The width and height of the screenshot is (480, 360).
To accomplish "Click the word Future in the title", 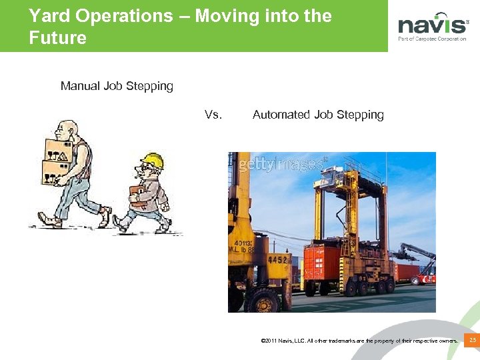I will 57,38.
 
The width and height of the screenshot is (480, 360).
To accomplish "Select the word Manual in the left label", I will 80,86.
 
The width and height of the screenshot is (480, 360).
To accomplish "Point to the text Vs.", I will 213,115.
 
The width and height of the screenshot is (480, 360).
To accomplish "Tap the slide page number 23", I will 472,341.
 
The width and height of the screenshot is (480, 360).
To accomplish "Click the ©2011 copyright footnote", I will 360,341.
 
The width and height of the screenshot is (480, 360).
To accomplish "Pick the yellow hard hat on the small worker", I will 153,161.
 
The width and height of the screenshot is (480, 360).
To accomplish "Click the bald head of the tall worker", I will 67,127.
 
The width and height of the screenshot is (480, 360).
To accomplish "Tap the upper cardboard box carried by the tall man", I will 59,151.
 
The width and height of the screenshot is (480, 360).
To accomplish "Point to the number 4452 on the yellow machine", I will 278,259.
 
